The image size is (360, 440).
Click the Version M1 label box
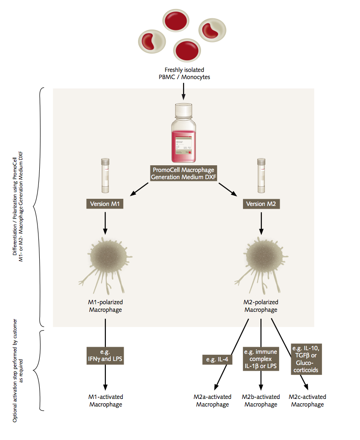pyautogui.click(x=105, y=204)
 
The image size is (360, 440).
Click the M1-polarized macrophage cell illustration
pyautogui.click(x=104, y=261)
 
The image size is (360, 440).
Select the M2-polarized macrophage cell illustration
pyautogui.click(x=260, y=261)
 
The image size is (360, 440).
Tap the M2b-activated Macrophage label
pyautogui.click(x=261, y=401)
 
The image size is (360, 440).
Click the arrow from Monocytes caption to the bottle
pyautogui.click(x=183, y=91)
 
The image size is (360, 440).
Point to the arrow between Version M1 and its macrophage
pyautogui.click(x=105, y=222)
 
